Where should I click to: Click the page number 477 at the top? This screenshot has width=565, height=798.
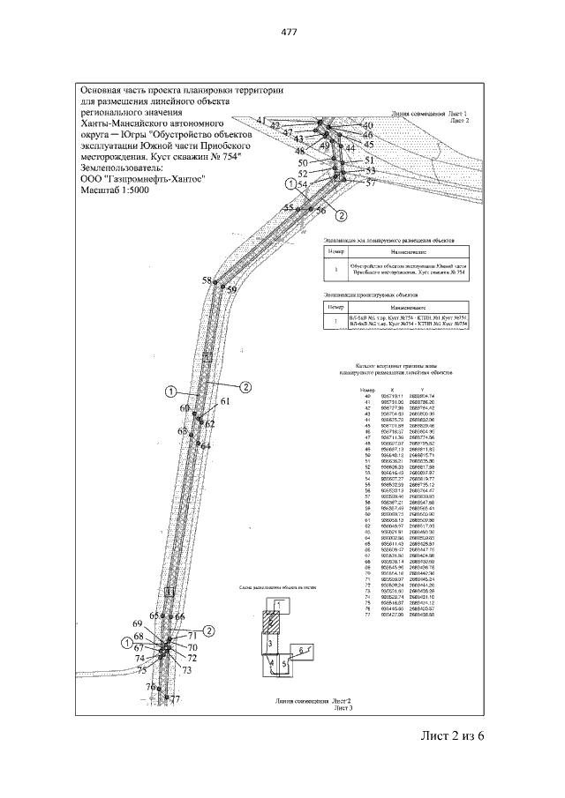tap(288, 33)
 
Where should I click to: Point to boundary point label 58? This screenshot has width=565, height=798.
tap(207, 280)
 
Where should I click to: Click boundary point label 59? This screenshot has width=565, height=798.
tap(232, 289)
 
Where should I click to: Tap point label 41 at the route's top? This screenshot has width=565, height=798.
tap(260, 120)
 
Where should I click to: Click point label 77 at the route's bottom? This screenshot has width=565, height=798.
tap(175, 699)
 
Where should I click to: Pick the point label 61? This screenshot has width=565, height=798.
tap(225, 401)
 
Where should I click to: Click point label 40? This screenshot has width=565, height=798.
tap(368, 125)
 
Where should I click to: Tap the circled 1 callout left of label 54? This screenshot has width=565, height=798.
tap(289, 183)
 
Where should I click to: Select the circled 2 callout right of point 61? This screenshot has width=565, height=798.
tap(246, 385)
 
